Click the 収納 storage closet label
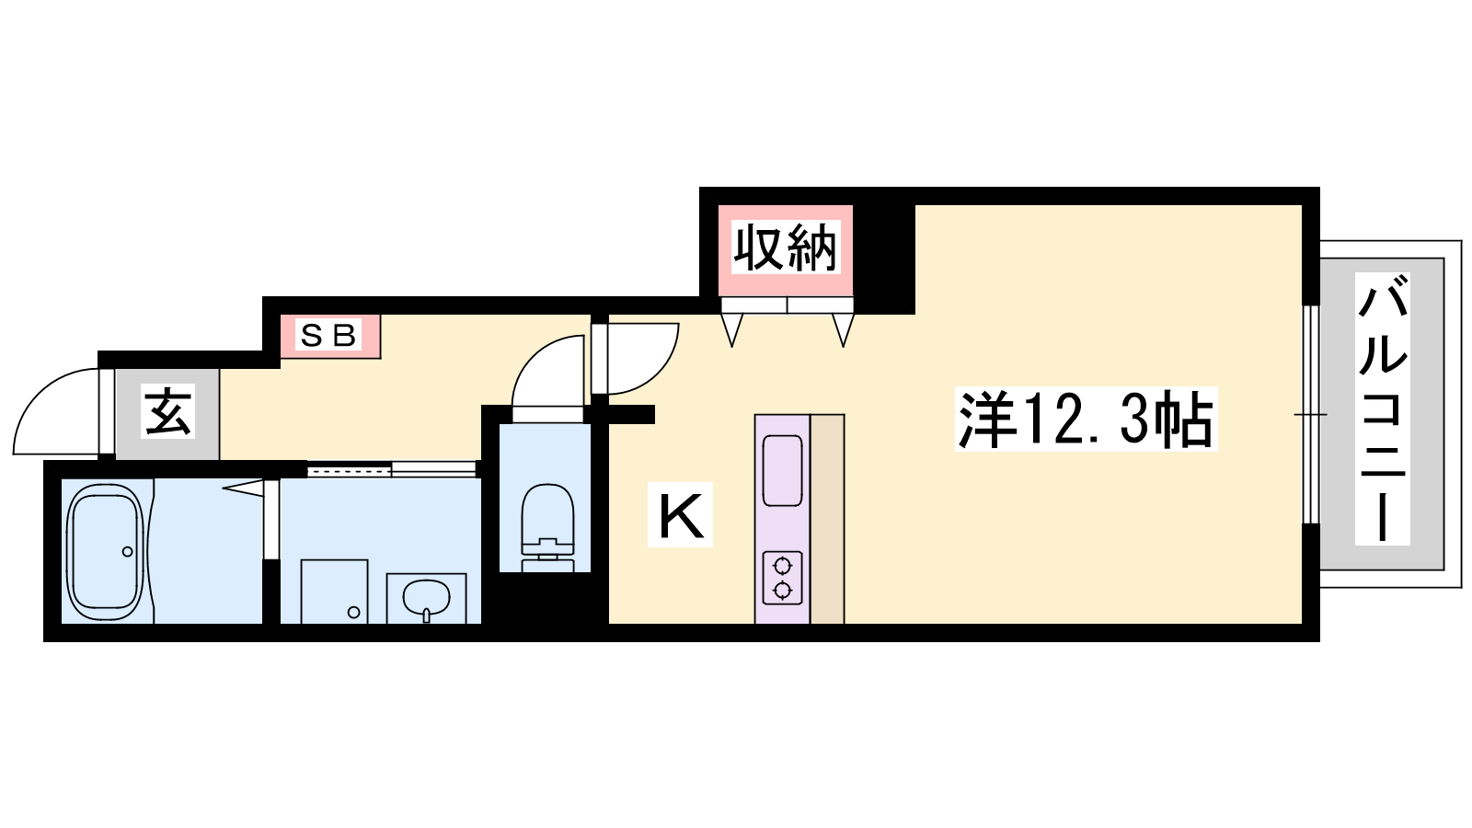[x=786, y=247]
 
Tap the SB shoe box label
[x=328, y=335]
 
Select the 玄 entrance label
[x=168, y=411]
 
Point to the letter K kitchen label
[x=681, y=514]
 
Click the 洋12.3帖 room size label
[x=1087, y=420]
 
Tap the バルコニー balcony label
[x=1383, y=408]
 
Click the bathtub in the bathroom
[x=105, y=551]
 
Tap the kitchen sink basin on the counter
[x=782, y=470]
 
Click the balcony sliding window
[x=1311, y=415]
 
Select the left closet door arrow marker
[x=732, y=329]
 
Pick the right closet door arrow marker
[x=843, y=329]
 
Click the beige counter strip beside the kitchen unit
[x=827, y=519]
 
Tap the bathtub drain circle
[x=128, y=552]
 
